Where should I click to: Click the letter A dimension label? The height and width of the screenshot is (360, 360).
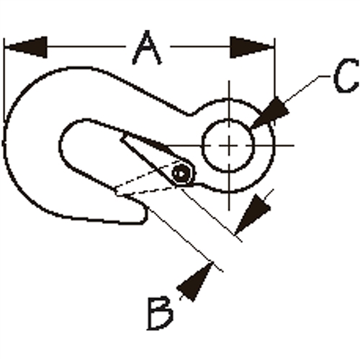pyautogui.click(x=147, y=48)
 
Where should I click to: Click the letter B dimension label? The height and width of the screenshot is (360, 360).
pyautogui.click(x=161, y=313)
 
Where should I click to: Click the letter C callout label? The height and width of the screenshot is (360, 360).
pyautogui.click(x=346, y=76)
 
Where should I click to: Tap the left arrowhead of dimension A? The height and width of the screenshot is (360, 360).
pyautogui.click(x=26, y=47)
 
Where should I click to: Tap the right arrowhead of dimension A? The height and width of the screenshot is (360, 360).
pyautogui.click(x=252, y=48)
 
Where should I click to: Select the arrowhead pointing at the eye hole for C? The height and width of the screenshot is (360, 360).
pyautogui.click(x=271, y=112)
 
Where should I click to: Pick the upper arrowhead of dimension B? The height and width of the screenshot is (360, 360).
pyautogui.click(x=253, y=215)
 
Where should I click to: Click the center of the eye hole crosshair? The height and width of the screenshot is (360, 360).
pyautogui.click(x=229, y=145)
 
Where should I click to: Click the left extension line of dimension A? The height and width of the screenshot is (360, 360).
pyautogui.click(x=4, y=79)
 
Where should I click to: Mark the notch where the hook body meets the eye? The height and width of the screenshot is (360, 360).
pyautogui.click(x=191, y=114)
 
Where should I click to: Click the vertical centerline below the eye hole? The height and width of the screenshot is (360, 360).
pyautogui.click(x=229, y=192)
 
